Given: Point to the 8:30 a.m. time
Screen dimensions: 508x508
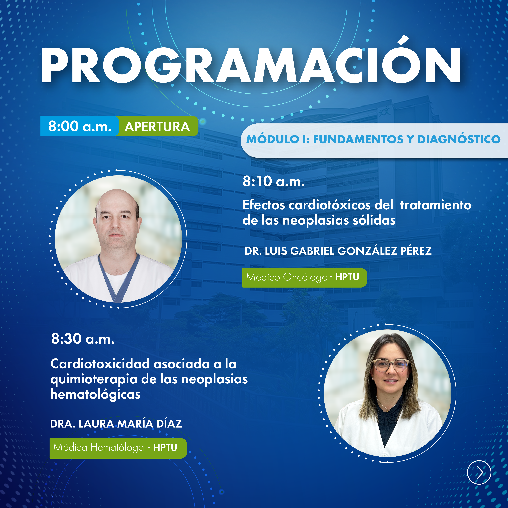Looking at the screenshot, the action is [x=83, y=339].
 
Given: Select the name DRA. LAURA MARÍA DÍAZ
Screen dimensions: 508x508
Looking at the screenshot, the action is [x=116, y=424].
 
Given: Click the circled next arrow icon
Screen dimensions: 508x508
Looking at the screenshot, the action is [x=479, y=472].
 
